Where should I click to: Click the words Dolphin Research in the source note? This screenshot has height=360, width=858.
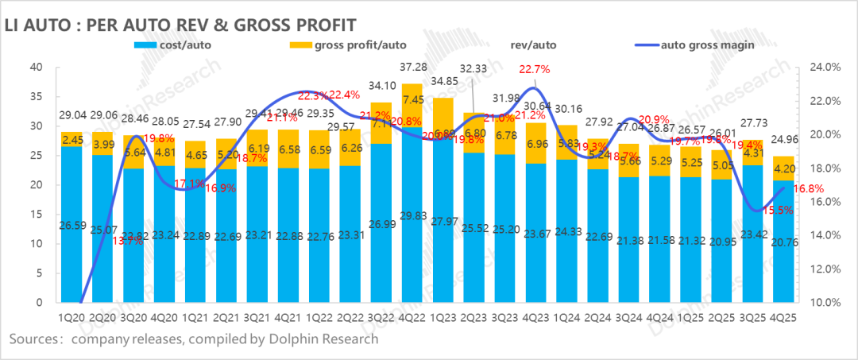[325, 339]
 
